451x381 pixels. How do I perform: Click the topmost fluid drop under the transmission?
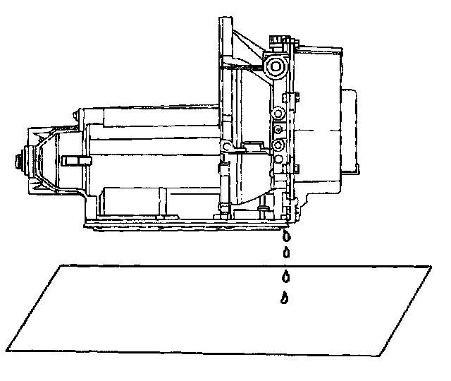[x=286, y=235]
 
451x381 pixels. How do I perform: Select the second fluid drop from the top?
[x=286, y=252]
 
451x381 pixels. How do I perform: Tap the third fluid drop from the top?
[x=285, y=275]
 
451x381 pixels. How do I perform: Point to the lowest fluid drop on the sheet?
[x=284, y=298]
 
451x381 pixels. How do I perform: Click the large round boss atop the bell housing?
[x=275, y=67]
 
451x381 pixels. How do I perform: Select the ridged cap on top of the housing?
[x=281, y=38]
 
